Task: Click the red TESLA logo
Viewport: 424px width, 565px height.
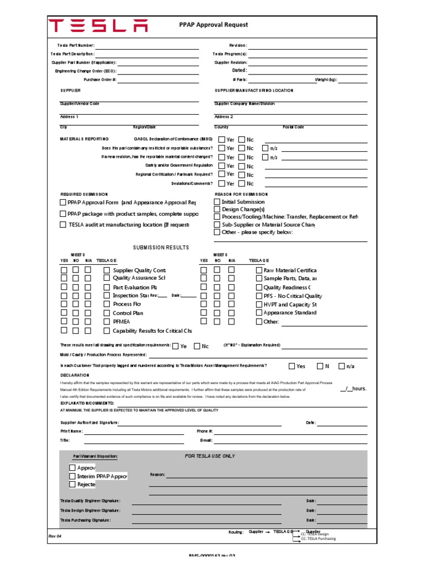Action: [98, 25]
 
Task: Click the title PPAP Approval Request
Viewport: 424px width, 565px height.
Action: [214, 25]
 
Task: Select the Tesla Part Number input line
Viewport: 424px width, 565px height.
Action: [147, 46]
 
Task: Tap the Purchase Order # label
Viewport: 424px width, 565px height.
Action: [100, 80]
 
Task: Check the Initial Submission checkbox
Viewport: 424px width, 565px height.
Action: [217, 202]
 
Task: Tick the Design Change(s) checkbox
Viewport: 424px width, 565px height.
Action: [217, 210]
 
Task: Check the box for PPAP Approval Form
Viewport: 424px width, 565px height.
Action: [63, 202]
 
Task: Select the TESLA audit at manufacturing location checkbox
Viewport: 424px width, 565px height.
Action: [63, 225]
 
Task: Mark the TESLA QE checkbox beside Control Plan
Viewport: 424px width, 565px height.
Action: [107, 313]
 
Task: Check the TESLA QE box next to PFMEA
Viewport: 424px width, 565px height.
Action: [107, 321]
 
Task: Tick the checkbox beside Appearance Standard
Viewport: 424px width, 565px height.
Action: [259, 313]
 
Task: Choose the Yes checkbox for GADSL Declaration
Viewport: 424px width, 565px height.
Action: [221, 140]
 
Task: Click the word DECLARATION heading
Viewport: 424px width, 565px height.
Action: [75, 375]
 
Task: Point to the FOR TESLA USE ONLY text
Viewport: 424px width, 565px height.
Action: [210, 456]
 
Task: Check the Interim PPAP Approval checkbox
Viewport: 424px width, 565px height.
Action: [72, 476]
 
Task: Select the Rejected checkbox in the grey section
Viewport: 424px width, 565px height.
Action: [72, 484]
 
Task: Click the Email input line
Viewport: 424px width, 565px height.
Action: [290, 441]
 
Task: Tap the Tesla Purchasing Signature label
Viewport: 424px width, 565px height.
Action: [86, 520]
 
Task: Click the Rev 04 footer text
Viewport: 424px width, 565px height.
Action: [56, 536]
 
